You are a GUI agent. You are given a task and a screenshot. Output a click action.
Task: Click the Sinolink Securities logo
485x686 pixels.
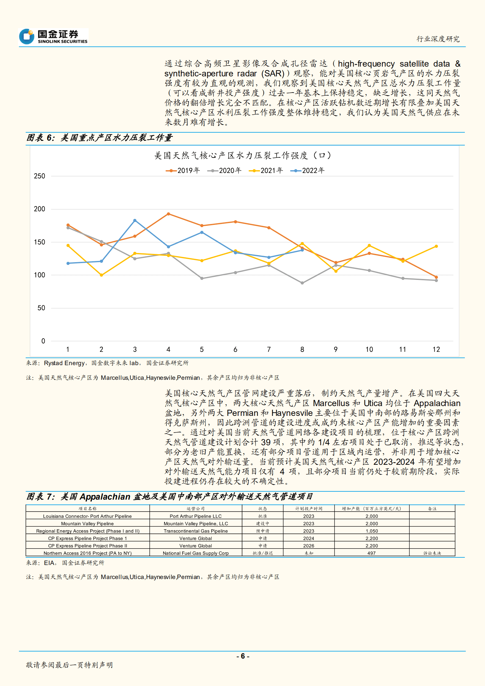tap(53, 36)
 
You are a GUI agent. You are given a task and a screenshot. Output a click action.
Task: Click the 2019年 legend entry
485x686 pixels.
tap(183, 171)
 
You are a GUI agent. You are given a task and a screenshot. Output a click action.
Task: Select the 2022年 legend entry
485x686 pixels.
tap(307, 171)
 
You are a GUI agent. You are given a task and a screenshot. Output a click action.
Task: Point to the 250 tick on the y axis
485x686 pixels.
tap(39, 176)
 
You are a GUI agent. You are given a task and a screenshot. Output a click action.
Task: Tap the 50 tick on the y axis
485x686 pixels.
tap(41, 308)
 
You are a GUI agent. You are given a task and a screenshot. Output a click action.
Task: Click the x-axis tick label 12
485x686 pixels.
tap(436, 349)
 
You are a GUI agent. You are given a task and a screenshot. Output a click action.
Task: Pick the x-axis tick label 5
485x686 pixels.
tap(202, 349)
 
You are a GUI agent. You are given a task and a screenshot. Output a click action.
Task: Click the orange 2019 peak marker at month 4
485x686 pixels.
tap(168, 214)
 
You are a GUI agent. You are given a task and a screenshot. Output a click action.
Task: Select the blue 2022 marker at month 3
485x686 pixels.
tap(135, 220)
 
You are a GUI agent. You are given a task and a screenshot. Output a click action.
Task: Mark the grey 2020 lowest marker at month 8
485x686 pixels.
tap(302, 283)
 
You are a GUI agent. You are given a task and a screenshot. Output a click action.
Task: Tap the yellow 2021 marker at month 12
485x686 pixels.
tap(436, 246)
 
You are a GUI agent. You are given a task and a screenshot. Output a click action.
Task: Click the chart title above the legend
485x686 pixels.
tap(242, 156)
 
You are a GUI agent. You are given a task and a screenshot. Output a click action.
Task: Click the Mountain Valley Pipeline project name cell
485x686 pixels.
tap(87, 523)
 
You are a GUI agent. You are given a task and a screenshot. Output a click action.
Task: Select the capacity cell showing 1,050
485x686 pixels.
tap(372, 531)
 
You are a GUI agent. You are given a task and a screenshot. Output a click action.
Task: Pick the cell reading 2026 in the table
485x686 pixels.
tap(309, 545)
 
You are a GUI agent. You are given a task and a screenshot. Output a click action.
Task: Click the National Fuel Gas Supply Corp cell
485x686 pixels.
tap(196, 553)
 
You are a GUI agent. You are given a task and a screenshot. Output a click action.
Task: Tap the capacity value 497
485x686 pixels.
tap(372, 553)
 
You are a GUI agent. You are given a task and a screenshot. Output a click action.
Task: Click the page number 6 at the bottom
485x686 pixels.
tap(243, 656)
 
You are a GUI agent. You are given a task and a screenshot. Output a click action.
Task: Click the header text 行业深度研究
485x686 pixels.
tap(438, 39)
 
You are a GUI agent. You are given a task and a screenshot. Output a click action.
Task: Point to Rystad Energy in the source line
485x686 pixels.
tap(64, 363)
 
